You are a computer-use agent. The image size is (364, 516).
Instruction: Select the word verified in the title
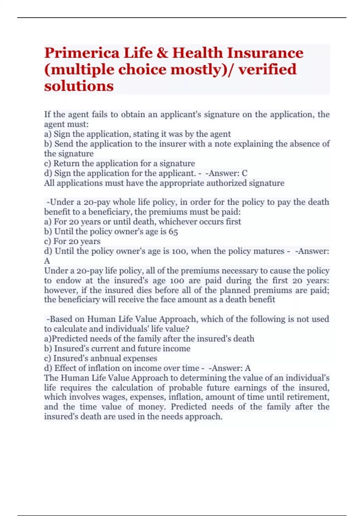click(267, 70)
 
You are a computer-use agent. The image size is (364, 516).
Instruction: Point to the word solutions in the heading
click(79, 86)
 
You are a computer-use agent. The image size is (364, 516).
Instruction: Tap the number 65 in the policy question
click(173, 232)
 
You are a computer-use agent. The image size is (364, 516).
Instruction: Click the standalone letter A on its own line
click(47, 261)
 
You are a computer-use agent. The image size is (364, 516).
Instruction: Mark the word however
click(61, 290)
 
